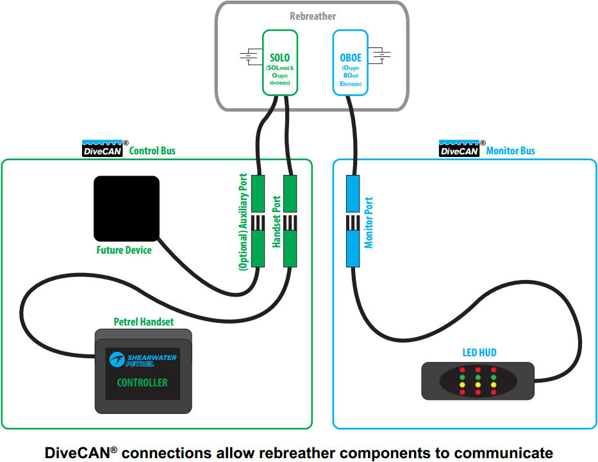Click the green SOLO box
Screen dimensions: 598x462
pos(280,63)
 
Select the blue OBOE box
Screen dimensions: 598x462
pos(351,63)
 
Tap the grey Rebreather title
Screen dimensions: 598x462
pos(313,17)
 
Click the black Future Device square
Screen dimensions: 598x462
pos(127,208)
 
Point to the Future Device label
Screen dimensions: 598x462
pos(124,250)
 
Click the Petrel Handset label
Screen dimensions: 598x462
pos(144,322)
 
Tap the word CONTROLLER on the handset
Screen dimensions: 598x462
pos(142,383)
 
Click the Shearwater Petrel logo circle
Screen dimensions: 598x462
pos(117,359)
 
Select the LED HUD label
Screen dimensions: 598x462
pos(479,352)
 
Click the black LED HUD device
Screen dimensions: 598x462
pos(478,381)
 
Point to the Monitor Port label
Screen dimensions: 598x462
pos(369,222)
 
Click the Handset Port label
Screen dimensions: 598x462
pos(276,222)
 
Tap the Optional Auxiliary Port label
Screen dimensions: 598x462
pos(244,222)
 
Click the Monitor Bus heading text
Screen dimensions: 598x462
pos(510,151)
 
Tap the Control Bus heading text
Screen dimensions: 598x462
pos(152,151)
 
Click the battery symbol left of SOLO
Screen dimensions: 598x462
pos(251,56)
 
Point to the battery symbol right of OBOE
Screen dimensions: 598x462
pos(379,56)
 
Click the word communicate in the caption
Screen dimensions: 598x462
pos(503,453)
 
